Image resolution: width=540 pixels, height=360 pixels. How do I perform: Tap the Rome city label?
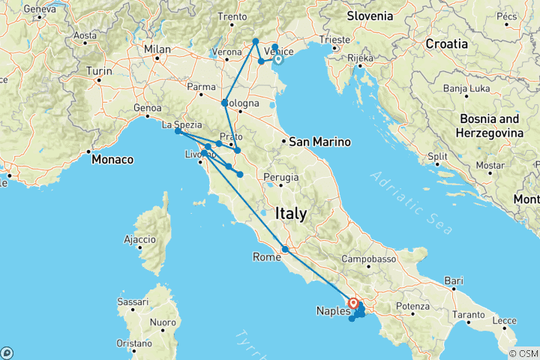click(x=266, y=257)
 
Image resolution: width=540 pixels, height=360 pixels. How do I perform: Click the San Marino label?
click(x=316, y=140)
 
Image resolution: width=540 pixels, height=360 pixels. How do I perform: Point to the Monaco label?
click(x=112, y=160)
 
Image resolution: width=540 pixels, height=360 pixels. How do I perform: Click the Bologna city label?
click(x=244, y=103)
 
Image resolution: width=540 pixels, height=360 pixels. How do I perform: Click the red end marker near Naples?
click(x=352, y=303)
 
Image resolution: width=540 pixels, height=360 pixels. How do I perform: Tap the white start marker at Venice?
click(x=277, y=60)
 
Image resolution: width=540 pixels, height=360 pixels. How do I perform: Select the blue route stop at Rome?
click(x=285, y=250)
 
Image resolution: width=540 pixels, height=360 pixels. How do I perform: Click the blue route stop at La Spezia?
click(x=178, y=131)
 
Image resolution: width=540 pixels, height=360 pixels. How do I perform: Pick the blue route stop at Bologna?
click(x=225, y=103)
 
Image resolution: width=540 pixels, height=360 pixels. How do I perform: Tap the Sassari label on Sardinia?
click(x=133, y=302)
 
